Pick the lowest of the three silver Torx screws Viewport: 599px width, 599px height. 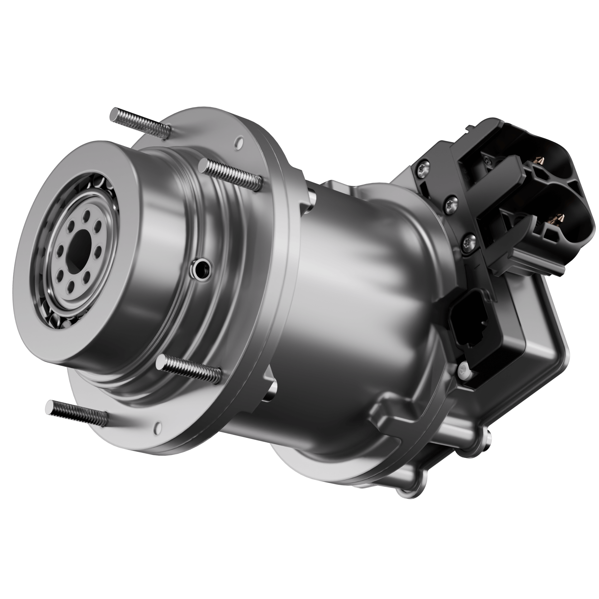(x=469, y=241)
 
